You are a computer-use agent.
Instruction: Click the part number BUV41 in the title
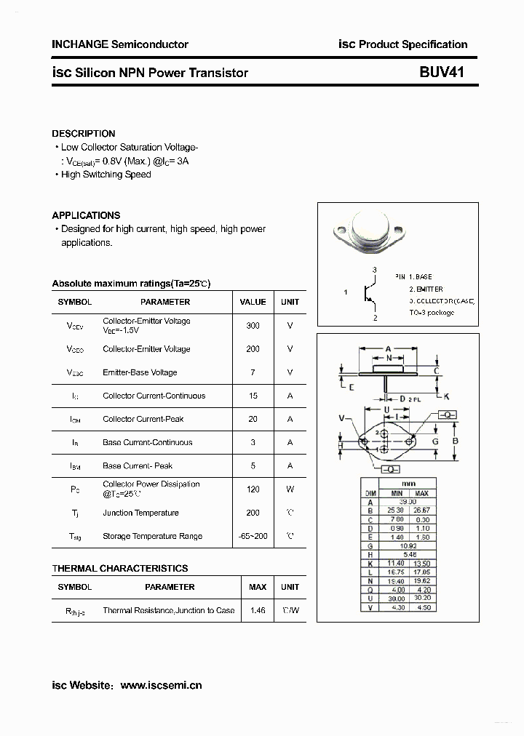tap(441, 72)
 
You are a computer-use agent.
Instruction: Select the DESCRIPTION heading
tap(83, 134)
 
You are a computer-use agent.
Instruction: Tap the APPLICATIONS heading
tap(86, 215)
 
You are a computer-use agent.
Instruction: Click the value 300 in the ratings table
tap(253, 326)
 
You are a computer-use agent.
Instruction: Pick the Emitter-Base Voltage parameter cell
tap(140, 372)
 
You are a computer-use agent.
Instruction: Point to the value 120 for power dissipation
tap(253, 489)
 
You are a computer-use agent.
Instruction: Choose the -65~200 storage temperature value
tap(253, 536)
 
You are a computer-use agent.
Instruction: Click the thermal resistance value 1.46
tap(258, 610)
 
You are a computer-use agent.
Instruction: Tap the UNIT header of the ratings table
tap(290, 302)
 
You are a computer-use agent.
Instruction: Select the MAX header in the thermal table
tap(258, 587)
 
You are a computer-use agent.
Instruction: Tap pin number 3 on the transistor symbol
tap(374, 270)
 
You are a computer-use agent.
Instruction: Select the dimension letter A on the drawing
tap(389, 348)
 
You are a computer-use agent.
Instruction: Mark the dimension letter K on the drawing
tap(446, 396)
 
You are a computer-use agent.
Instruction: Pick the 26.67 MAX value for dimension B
tap(421, 511)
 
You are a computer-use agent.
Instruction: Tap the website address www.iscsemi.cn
tap(161, 685)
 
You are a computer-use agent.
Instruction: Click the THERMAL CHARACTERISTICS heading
tap(120, 568)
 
